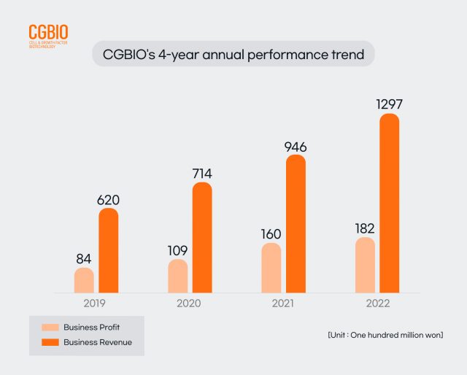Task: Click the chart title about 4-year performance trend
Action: (x=233, y=54)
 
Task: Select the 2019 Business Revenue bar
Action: (x=108, y=250)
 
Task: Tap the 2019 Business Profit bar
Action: (x=84, y=280)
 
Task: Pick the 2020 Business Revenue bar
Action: (x=202, y=237)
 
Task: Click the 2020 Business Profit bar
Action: (x=178, y=276)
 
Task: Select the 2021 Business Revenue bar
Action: (x=296, y=223)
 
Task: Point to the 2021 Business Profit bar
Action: (x=271, y=268)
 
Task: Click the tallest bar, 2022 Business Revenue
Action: (x=390, y=203)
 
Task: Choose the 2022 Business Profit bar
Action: (x=365, y=265)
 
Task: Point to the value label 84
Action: (x=85, y=259)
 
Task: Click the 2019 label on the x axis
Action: (x=96, y=302)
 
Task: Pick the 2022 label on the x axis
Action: (x=377, y=302)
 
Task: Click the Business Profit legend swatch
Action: (x=50, y=327)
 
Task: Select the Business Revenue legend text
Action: (x=98, y=341)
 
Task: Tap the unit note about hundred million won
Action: (x=385, y=334)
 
